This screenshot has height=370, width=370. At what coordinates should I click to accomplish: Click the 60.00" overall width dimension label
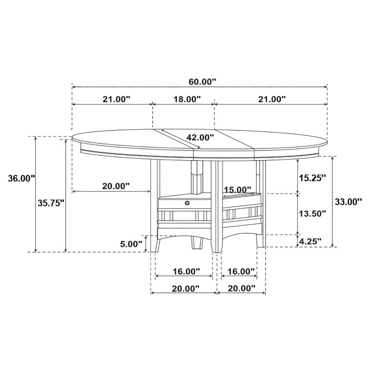pos(202,81)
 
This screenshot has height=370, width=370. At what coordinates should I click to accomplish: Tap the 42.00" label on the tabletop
pos(200,137)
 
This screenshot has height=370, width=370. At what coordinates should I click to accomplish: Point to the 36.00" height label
pos(22,178)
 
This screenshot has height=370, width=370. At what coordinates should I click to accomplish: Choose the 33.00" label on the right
pos(348,201)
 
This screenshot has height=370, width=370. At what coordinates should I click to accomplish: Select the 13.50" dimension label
pos(312,213)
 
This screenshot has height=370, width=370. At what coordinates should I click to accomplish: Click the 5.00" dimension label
pos(131,243)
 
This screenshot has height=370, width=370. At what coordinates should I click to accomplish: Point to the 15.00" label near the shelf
pos(238,190)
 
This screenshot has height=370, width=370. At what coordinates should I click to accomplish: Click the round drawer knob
pos(187,203)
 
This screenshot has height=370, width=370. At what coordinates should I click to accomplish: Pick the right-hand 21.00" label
pos(271,99)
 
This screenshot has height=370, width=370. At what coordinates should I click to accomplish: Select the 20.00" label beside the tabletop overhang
pos(116,186)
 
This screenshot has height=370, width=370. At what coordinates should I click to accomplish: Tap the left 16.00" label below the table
pos(186,271)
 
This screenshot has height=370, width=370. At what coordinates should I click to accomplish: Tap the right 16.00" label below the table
pos(241,271)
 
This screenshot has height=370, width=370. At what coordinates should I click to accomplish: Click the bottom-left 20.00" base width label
pos(185,289)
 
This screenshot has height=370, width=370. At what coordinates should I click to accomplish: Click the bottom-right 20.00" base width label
pos(241,289)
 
